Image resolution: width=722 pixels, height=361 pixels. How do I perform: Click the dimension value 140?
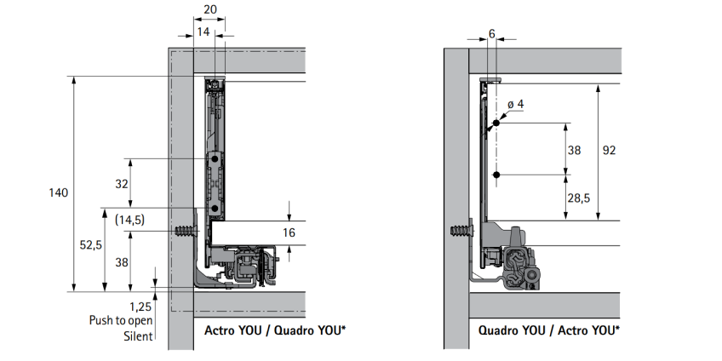tap(58, 193)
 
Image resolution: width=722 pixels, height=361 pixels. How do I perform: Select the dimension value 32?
tap(121, 184)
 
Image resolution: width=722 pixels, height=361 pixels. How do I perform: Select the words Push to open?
tap(121, 321)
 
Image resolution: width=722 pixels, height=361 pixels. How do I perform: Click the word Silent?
tap(137, 336)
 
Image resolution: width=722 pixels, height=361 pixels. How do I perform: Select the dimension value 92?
tap(609, 151)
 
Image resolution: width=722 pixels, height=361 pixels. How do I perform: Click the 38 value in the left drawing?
tap(121, 262)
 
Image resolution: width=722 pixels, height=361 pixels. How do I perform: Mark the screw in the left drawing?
tap(184, 232)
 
